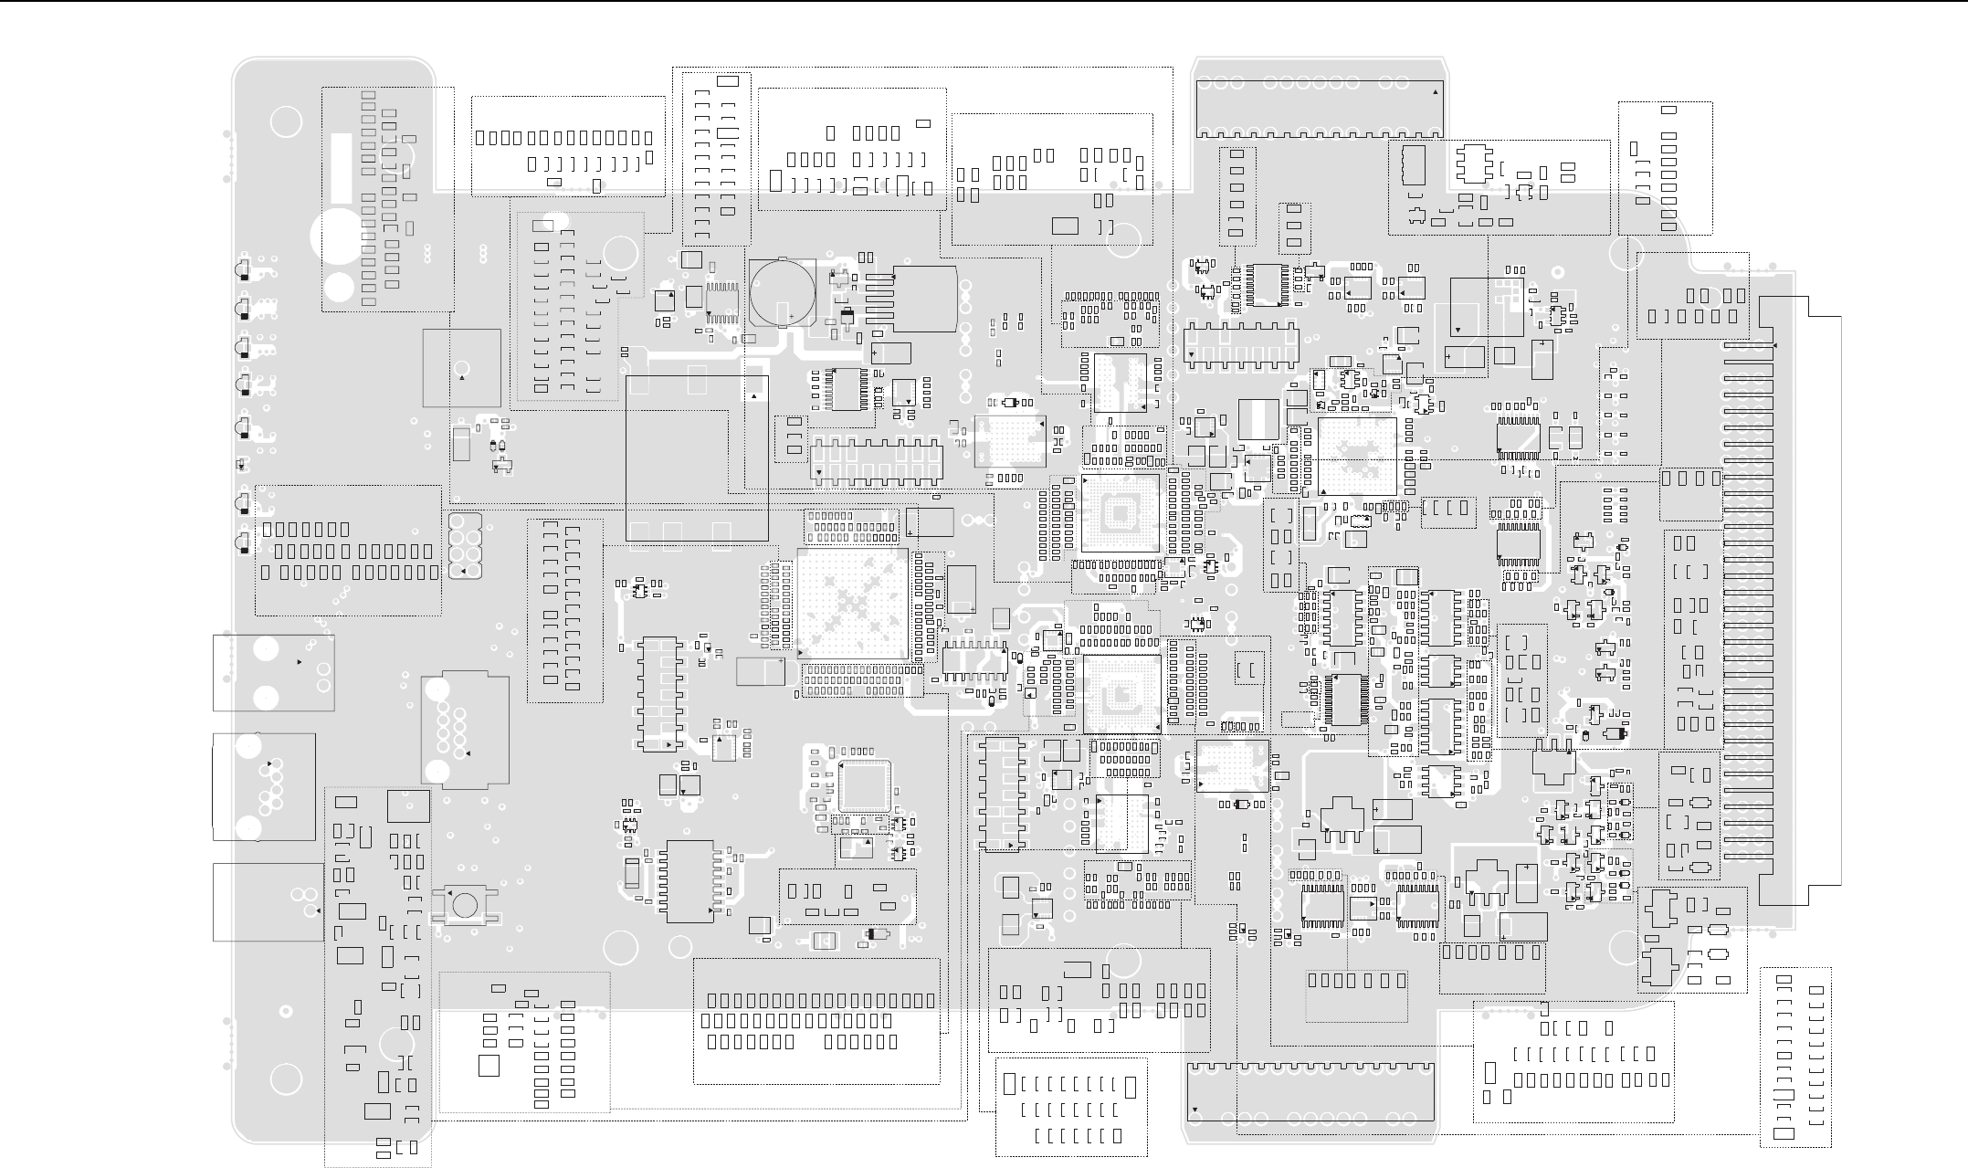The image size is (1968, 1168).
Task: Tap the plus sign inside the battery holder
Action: point(791,316)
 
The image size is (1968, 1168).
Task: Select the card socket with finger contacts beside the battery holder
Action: point(913,299)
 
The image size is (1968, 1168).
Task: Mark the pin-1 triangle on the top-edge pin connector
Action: point(1435,92)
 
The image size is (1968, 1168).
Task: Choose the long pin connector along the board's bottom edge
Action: point(1310,1092)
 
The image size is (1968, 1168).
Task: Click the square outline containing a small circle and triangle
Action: point(461,367)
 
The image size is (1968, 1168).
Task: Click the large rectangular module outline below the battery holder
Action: point(697,458)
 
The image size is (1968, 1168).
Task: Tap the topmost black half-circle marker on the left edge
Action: point(243,270)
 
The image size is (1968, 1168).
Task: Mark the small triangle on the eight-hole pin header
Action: point(464,572)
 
